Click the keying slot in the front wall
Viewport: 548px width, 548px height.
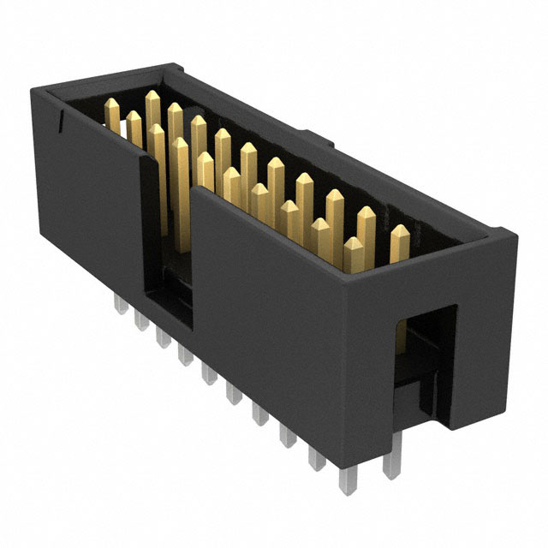pyautogui.click(x=170, y=248)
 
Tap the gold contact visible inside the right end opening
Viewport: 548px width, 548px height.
pyautogui.click(x=411, y=342)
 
